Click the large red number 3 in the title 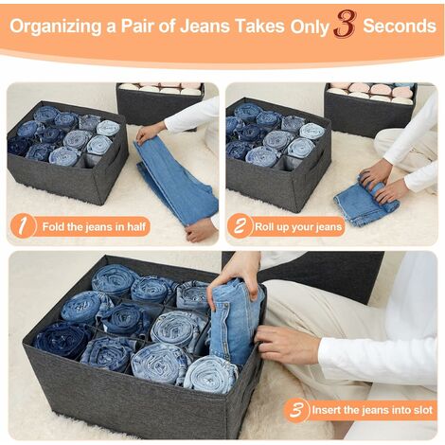tap(346, 24)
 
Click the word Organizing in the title tap(56, 27)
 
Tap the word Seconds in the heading tap(400, 26)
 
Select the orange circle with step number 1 tap(23, 225)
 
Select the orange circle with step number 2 tap(240, 225)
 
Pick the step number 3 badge tap(296, 410)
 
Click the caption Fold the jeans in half tap(94, 226)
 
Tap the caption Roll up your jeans tap(298, 226)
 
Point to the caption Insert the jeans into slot tap(372, 410)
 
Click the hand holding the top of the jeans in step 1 tap(150, 132)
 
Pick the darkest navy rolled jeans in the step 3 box tap(62, 339)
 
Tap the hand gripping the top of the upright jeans tap(239, 275)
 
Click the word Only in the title tap(310, 27)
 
